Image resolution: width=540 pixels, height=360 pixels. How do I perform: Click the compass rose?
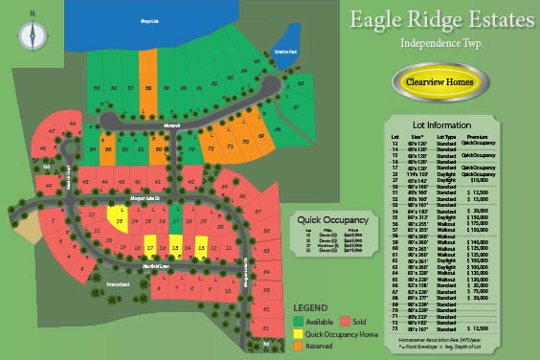(34, 34)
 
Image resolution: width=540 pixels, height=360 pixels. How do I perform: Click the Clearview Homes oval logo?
(439, 81)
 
